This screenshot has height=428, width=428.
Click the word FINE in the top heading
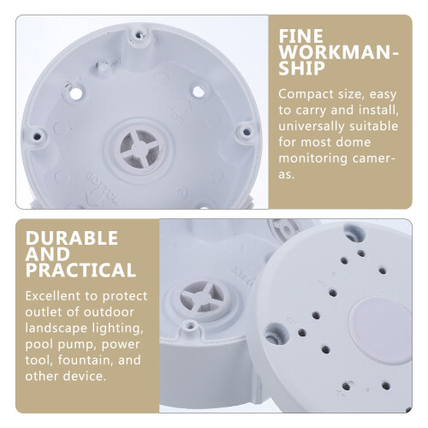tap(300, 37)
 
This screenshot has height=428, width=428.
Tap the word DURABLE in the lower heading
tap(72, 238)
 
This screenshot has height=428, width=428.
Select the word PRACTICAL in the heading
tap(80, 270)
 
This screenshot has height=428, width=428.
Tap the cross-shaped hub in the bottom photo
tap(202, 297)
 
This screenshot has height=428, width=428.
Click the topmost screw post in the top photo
tap(139, 36)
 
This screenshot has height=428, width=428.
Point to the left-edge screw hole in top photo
tap(37, 136)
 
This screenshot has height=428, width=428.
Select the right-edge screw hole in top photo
tap(246, 132)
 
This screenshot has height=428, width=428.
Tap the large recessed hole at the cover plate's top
tap(354, 233)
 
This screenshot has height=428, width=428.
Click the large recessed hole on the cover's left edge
tap(276, 334)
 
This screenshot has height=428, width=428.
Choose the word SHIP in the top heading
tap(302, 68)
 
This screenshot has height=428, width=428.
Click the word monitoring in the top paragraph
tap(312, 158)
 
